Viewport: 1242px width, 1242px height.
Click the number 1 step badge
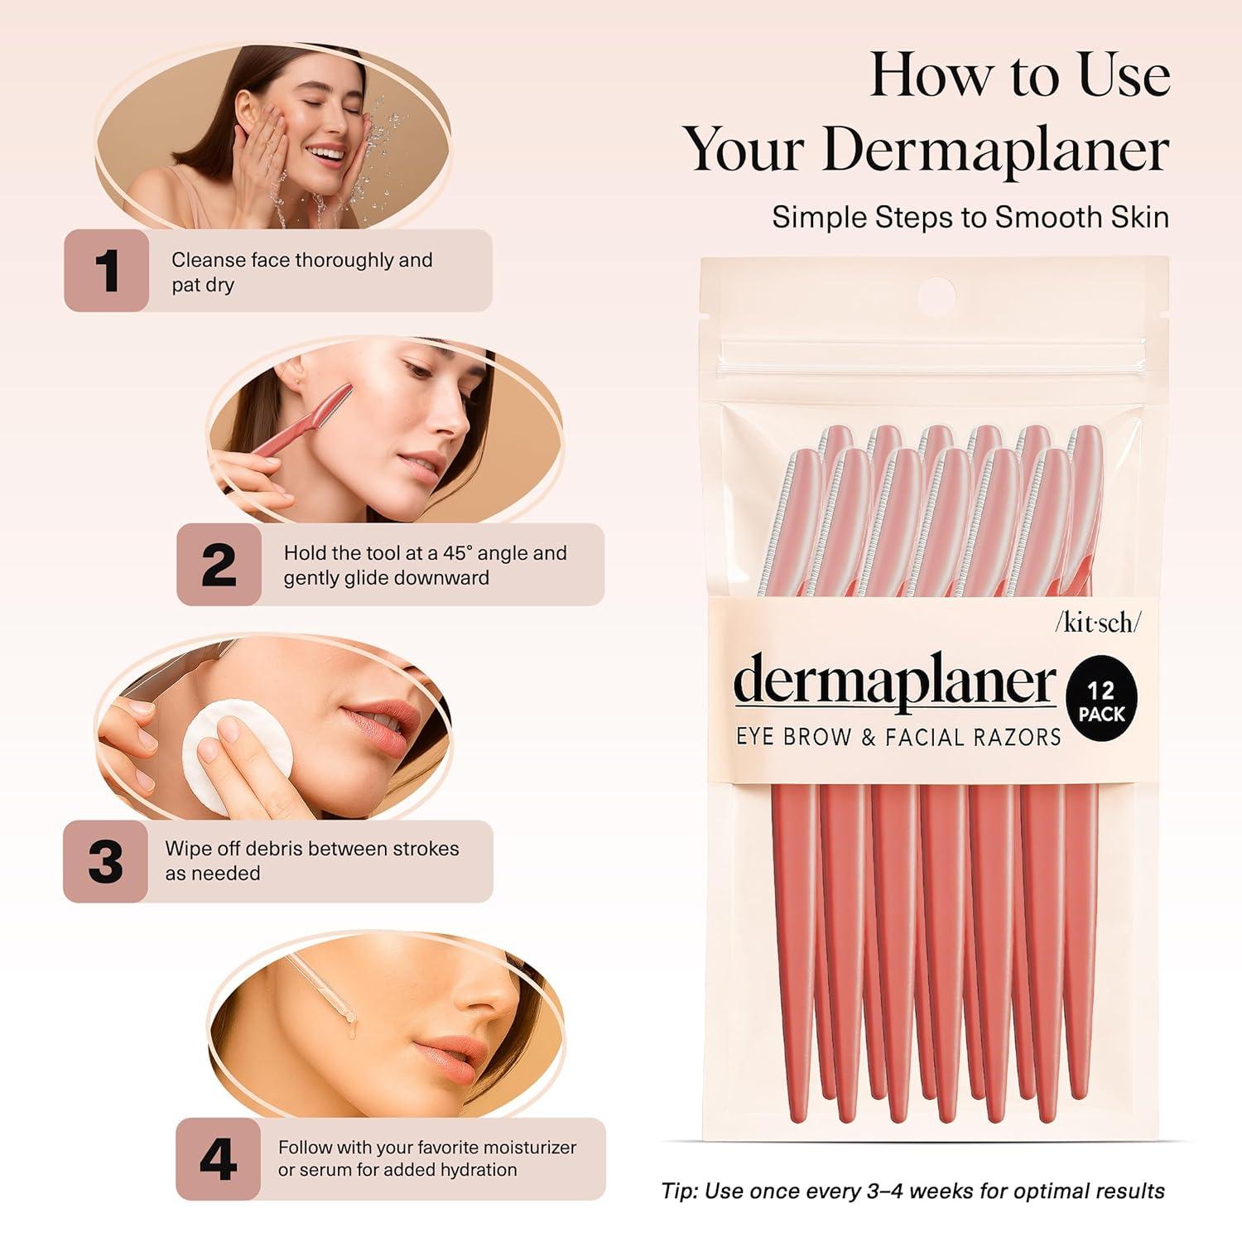tap(107, 271)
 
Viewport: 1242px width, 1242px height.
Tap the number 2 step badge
tap(219, 565)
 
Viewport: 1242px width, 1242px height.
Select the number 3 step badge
tap(105, 861)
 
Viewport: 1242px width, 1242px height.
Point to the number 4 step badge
tap(218, 1159)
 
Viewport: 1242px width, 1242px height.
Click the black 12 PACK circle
tap(1101, 701)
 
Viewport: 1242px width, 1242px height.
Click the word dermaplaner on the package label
tap(894, 683)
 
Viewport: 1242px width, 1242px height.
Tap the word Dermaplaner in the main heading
tap(994, 151)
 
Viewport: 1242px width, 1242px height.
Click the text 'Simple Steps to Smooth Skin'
tap(970, 217)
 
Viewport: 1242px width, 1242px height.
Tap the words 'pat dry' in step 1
tap(203, 285)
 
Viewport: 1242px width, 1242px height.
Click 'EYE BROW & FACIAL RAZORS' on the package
tap(898, 736)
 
